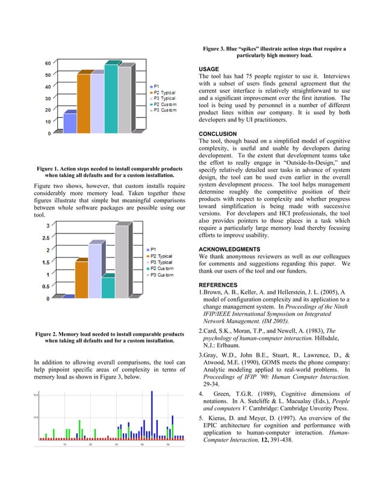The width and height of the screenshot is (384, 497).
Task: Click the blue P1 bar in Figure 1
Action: coord(70,122)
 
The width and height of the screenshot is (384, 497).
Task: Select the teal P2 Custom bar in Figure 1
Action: coord(111,99)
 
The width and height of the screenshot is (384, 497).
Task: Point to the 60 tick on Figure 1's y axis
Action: coord(48,63)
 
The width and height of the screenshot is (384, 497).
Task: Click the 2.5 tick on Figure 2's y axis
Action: coord(45,238)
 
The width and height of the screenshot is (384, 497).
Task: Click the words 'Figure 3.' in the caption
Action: coord(218,49)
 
